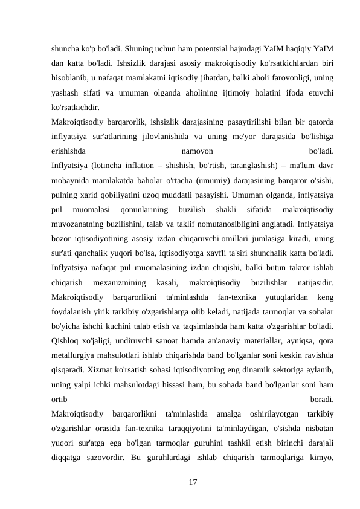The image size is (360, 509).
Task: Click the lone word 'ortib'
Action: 60,400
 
